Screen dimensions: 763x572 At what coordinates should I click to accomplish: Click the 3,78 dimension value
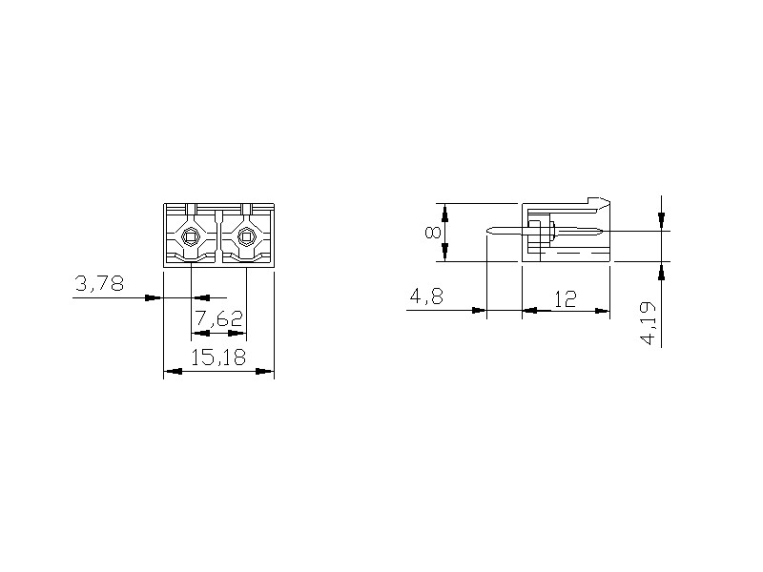[99, 283]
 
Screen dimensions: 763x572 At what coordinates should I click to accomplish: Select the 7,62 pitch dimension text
[219, 319]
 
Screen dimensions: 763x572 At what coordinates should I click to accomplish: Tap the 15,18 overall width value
[218, 357]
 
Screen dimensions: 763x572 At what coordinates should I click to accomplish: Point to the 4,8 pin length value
[426, 296]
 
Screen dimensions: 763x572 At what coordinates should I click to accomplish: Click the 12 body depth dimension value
[566, 299]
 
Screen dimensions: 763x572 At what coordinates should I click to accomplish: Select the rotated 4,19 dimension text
[650, 323]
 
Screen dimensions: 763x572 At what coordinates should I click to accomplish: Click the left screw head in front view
[190, 237]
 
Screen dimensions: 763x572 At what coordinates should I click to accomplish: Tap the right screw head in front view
[246, 237]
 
